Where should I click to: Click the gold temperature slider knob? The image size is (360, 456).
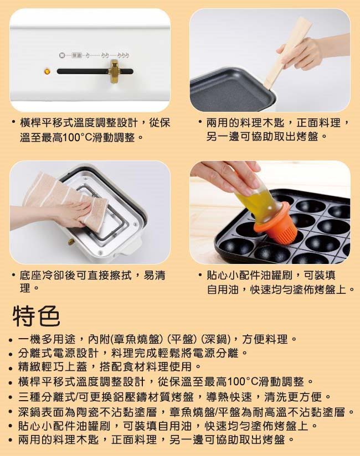(113, 71)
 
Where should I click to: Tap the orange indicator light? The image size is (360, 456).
(47, 71)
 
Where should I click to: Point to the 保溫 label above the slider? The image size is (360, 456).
(76, 55)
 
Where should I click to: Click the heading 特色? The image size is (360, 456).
(37, 316)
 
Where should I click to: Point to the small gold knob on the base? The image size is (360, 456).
(70, 241)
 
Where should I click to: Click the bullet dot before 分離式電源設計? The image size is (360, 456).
(11, 354)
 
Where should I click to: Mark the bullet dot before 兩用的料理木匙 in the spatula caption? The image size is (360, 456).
(200, 122)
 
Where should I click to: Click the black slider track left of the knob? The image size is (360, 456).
(83, 71)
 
